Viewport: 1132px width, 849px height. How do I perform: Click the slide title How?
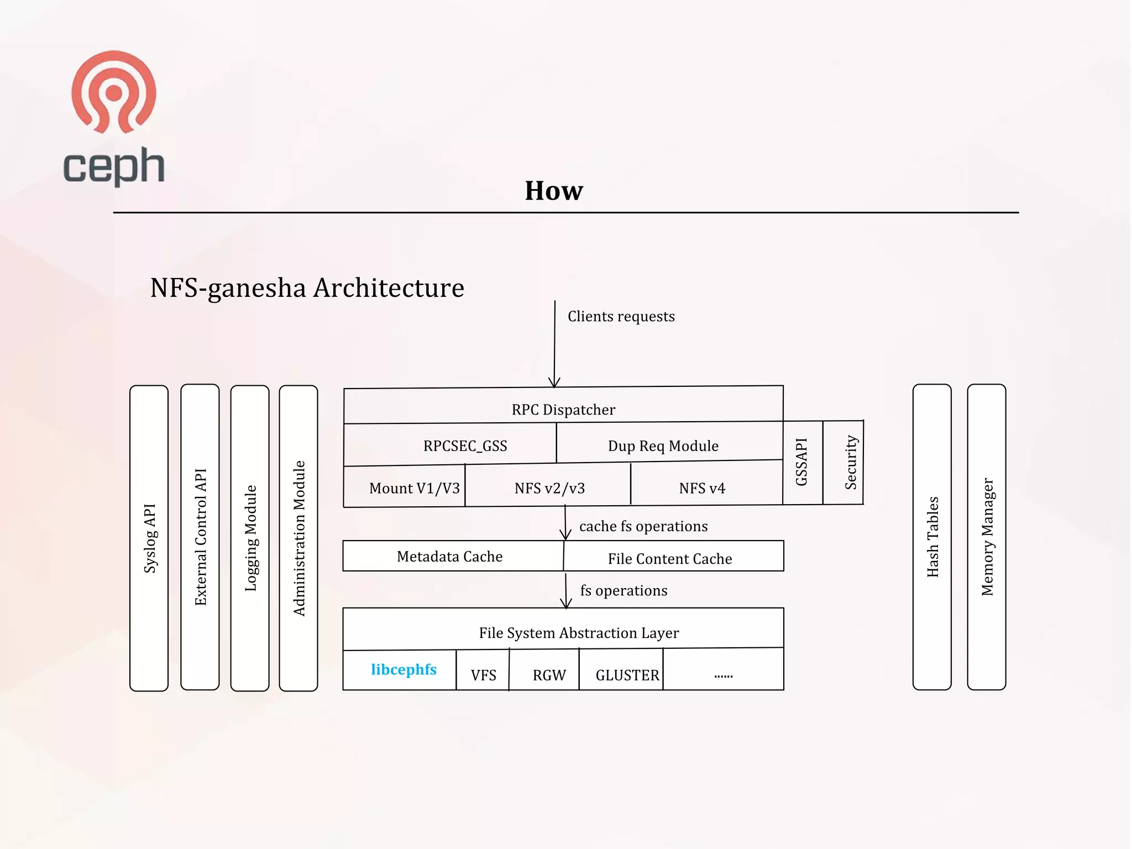tap(554, 191)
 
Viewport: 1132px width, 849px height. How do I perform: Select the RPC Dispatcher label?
tap(563, 410)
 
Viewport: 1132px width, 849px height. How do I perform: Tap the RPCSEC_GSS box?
tap(465, 446)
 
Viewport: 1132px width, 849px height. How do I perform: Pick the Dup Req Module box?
tap(663, 446)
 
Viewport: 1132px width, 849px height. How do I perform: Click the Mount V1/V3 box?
tap(414, 488)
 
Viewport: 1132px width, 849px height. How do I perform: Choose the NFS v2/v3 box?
tap(549, 488)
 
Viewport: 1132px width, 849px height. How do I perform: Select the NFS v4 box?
tap(702, 488)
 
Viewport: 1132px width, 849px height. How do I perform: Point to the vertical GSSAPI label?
tap(801, 462)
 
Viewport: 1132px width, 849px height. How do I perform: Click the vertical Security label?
tap(851, 462)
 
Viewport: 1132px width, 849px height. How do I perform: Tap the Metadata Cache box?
tap(450, 556)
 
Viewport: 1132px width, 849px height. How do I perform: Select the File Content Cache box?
tap(670, 558)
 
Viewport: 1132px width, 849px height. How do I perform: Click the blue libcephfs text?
tap(403, 669)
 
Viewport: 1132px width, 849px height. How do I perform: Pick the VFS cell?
tap(483, 675)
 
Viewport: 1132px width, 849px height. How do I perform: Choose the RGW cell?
tap(549, 675)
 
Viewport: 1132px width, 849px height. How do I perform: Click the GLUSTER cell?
tap(627, 675)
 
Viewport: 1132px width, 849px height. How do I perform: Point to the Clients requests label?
tap(621, 316)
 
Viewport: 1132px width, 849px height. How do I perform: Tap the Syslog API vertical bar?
tap(149, 538)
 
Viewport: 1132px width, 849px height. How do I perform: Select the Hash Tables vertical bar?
tap(932, 537)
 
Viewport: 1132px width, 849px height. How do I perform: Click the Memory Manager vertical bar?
tap(987, 537)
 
